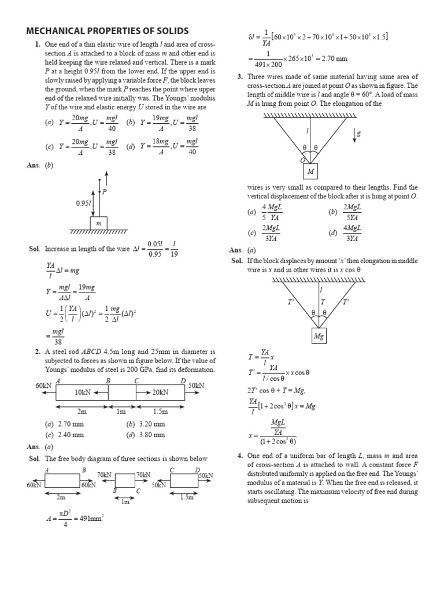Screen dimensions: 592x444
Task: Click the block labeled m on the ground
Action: tap(99, 223)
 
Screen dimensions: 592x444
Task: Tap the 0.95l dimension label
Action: tap(84, 203)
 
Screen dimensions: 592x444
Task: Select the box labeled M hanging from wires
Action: tap(310, 172)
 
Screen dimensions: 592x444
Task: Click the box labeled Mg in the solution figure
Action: tap(319, 336)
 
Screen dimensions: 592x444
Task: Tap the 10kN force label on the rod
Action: tap(83, 392)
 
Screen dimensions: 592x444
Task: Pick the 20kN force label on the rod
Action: tap(160, 392)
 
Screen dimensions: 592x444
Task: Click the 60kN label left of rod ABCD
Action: tap(43, 385)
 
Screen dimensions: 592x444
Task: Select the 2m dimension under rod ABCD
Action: tap(82, 412)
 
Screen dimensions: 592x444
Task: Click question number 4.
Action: tap(240, 456)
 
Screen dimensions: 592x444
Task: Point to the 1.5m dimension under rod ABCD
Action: tap(161, 412)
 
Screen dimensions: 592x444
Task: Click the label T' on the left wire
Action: tap(291, 302)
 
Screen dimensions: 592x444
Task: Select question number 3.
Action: tap(240, 76)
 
